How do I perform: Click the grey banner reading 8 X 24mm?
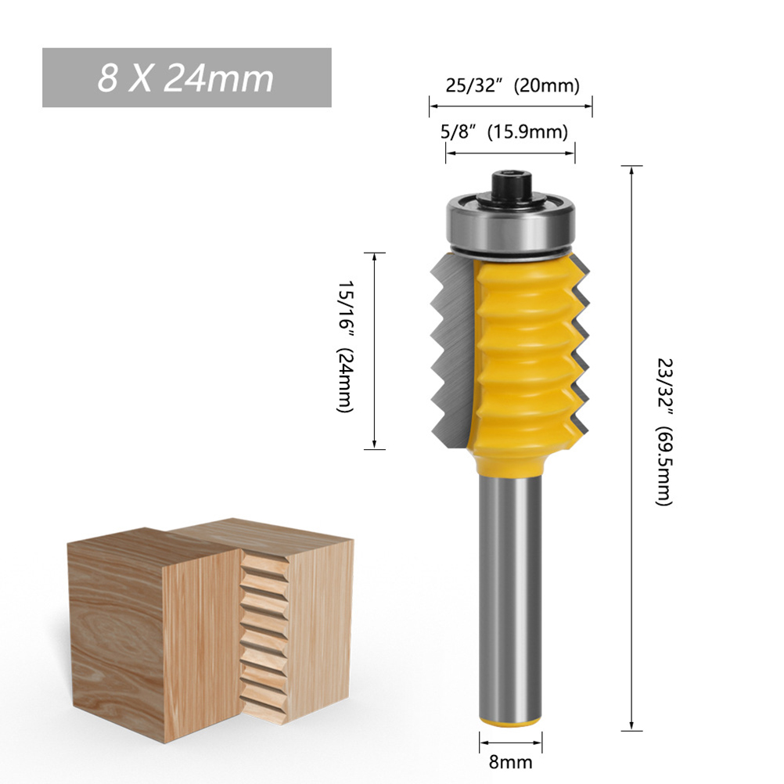tap(186, 77)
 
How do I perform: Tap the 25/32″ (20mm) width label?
tap(512, 85)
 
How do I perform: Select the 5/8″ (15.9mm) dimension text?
tap(504, 132)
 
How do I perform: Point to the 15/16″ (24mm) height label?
tap(345, 346)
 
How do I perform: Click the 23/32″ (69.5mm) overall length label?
tap(665, 431)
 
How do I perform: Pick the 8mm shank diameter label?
tap(510, 763)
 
